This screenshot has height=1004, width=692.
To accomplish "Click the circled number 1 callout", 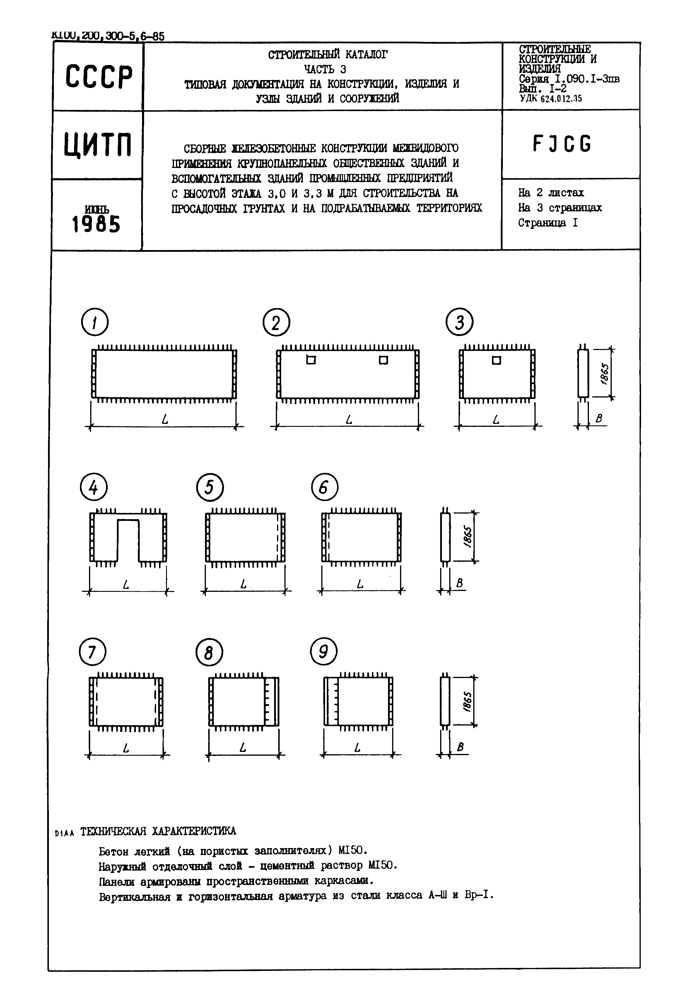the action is pos(95,322).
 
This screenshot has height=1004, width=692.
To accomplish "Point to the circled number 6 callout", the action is pos(324,488).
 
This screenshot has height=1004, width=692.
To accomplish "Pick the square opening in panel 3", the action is pos(496,360).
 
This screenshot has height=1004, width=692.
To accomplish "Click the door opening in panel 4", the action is pos(128,540).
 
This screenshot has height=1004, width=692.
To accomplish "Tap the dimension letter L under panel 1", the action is pos(165,419).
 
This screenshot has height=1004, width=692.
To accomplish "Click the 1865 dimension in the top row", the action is pos(605,373).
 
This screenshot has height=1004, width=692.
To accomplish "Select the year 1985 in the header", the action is pos(96,225).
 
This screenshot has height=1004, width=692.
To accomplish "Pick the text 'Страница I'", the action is pos(548,223).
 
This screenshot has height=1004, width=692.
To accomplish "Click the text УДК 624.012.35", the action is pos(551,98).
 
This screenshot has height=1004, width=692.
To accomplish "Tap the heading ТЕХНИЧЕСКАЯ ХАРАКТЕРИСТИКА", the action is pos(158,830).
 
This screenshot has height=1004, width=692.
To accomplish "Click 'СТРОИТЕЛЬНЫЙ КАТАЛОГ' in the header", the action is pos(327,55).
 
